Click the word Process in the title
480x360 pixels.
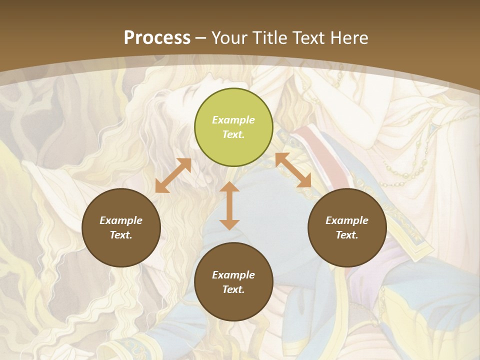(x=157, y=38)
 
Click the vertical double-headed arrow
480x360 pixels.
(x=229, y=205)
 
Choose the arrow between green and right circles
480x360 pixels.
(x=293, y=170)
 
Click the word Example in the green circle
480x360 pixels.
(x=233, y=120)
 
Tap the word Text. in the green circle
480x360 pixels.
(x=233, y=134)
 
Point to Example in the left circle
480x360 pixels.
(x=121, y=220)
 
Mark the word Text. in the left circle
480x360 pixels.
(x=121, y=235)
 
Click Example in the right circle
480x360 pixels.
(x=347, y=220)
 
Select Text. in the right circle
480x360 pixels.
(x=347, y=235)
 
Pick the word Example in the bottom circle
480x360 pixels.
(x=233, y=275)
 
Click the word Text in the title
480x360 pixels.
(x=308, y=38)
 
